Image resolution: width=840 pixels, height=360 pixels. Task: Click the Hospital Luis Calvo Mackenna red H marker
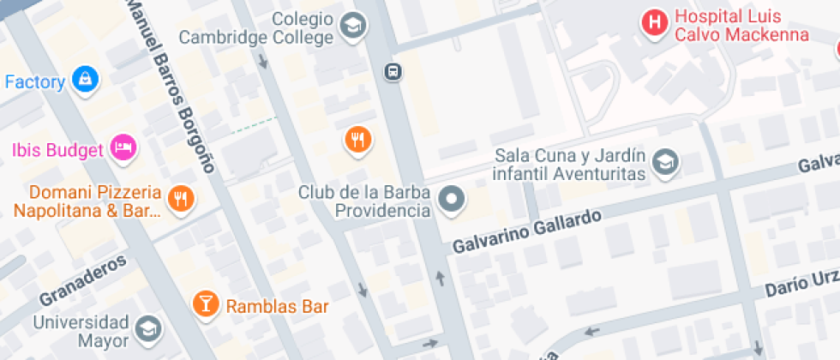pos(656,23)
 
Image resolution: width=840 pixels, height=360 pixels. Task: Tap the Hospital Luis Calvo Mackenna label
pos(741,26)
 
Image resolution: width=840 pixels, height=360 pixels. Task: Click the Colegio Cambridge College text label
pos(268,28)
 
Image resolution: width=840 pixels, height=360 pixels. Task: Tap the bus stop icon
pos(393,71)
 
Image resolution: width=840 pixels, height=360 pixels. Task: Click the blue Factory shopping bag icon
pos(85,81)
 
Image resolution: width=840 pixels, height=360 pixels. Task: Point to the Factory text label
pos(35,82)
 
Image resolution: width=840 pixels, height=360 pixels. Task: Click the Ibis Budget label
pos(57,149)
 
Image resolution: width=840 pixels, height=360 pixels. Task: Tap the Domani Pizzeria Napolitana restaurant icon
pos(181,200)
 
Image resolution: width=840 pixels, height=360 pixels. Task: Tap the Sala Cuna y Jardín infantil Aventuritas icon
pos(665,161)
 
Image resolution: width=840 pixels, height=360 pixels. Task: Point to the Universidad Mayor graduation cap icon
pos(148,327)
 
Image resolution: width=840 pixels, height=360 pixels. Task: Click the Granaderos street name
pos(82,281)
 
